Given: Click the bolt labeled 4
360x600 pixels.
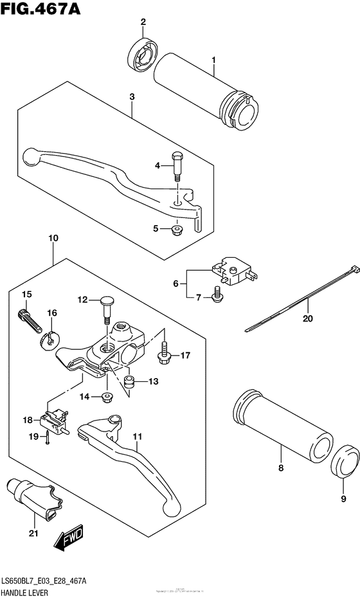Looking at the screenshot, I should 177,165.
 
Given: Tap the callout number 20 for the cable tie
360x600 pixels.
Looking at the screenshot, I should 307,318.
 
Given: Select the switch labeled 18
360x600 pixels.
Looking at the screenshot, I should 53,419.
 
